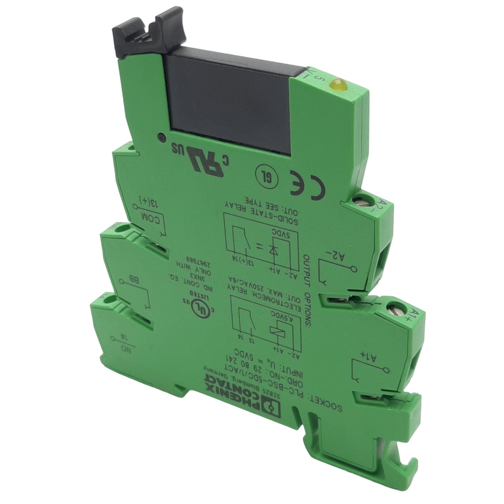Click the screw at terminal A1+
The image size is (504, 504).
[396, 307]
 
